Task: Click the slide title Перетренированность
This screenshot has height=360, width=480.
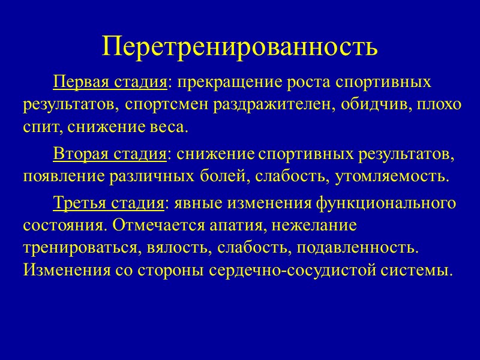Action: (240, 46)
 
